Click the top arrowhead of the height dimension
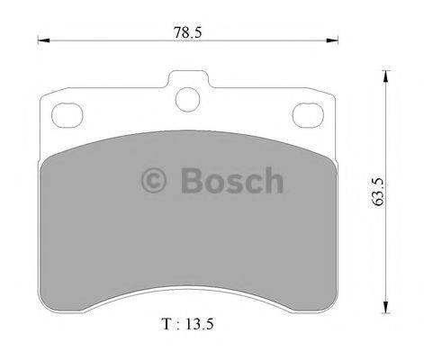387,76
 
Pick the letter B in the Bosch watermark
190,181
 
